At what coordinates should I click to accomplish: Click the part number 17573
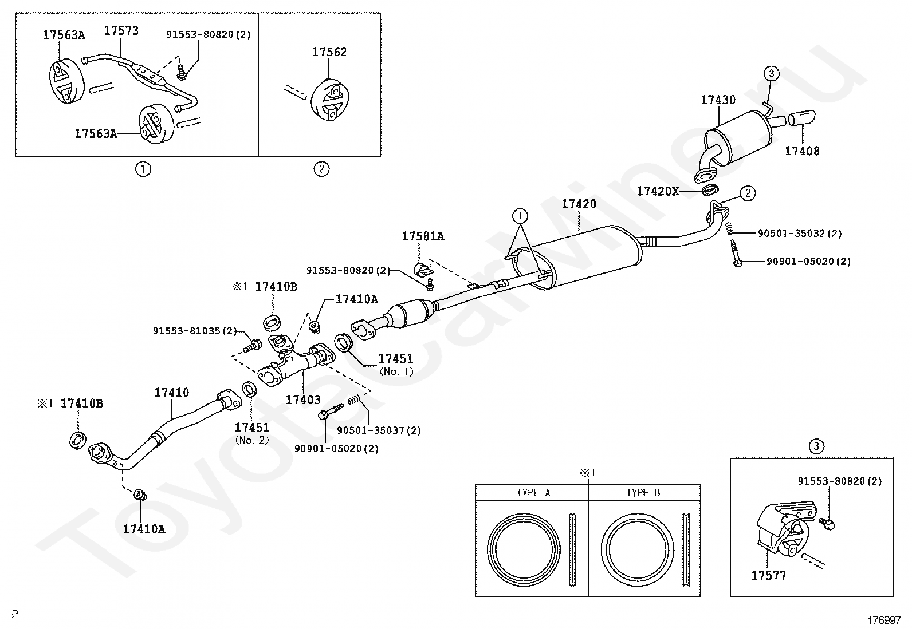[x=121, y=30]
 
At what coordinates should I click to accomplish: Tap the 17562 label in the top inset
[x=329, y=52]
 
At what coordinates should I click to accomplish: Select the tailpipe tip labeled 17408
[x=801, y=117]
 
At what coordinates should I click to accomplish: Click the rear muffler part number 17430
[x=718, y=100]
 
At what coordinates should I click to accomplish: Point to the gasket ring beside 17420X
[x=710, y=189]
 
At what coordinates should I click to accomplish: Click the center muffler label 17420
[x=579, y=204]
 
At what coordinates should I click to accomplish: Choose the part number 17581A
[x=423, y=236]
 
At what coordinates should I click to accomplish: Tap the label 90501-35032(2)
[x=800, y=233]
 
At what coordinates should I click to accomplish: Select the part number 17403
[x=303, y=399]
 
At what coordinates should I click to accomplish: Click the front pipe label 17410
[x=172, y=393]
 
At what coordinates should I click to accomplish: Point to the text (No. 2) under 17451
[x=252, y=440]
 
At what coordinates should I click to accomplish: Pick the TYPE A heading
[x=533, y=493]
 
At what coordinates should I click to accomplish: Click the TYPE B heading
[x=643, y=493]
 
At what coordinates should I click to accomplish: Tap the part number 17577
[x=769, y=575]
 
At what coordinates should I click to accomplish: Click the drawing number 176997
[x=884, y=620]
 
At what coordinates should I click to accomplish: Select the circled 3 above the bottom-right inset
[x=816, y=446]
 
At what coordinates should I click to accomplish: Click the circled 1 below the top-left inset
[x=143, y=169]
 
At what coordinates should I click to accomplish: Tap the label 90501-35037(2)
[x=379, y=430]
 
